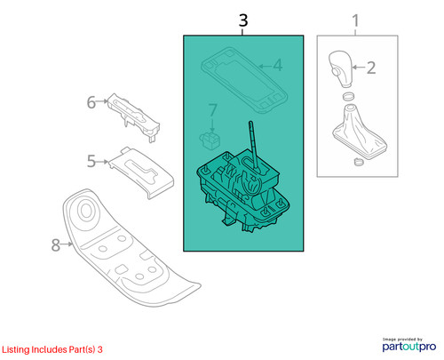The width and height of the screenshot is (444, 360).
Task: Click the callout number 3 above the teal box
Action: click(243, 20)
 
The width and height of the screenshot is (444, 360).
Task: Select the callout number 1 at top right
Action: click(355, 21)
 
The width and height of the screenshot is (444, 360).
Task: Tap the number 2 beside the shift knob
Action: click(371, 68)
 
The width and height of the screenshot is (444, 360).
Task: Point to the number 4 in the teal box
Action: click(277, 65)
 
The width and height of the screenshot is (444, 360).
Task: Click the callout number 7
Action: click(213, 110)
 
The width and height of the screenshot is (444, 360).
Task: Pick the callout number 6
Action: click(91, 102)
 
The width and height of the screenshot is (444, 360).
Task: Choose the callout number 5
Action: click(91, 161)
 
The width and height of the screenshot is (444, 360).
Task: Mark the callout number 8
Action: click(56, 245)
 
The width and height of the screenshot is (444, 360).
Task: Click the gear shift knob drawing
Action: click(341, 68)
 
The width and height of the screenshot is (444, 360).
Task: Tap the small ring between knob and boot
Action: click(348, 96)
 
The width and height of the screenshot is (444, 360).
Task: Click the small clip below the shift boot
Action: click(358, 162)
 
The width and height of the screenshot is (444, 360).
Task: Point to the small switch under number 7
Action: click(210, 140)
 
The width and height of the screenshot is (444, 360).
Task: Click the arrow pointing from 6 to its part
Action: click(102, 101)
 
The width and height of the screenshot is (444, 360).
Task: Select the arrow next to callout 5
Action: click(103, 162)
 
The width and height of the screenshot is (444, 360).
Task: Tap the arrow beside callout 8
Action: click(67, 244)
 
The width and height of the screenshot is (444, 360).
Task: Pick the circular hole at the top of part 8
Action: click(86, 210)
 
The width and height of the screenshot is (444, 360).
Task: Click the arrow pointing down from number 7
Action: click(212, 124)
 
